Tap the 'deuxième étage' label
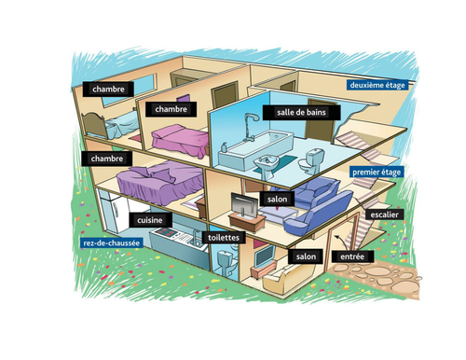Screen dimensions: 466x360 click(x=379, y=85)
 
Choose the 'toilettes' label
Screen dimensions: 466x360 click(x=224, y=238)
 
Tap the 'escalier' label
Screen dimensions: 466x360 click(x=384, y=215)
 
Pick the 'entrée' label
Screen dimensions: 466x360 click(x=352, y=255)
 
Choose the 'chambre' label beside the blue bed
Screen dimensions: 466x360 click(x=110, y=89)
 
